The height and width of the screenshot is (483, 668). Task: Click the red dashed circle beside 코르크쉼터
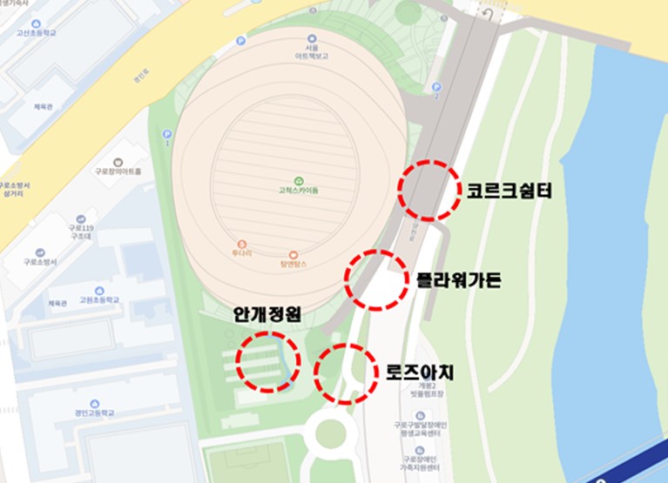click(x=429, y=190)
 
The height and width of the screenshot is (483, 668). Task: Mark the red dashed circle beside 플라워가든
click(x=375, y=279)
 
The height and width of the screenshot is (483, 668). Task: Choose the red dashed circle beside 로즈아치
click(x=346, y=373)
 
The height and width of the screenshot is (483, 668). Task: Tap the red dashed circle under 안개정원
click(x=267, y=360)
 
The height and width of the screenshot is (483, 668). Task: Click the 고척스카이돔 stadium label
click(x=299, y=189)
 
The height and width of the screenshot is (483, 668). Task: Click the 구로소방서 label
click(x=40, y=260)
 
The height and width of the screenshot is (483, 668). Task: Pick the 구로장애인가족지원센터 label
click(x=420, y=460)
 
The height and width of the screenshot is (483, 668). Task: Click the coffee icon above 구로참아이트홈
click(x=118, y=160)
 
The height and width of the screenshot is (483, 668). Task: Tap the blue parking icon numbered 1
click(x=166, y=134)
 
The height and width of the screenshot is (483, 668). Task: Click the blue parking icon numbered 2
click(x=436, y=87)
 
